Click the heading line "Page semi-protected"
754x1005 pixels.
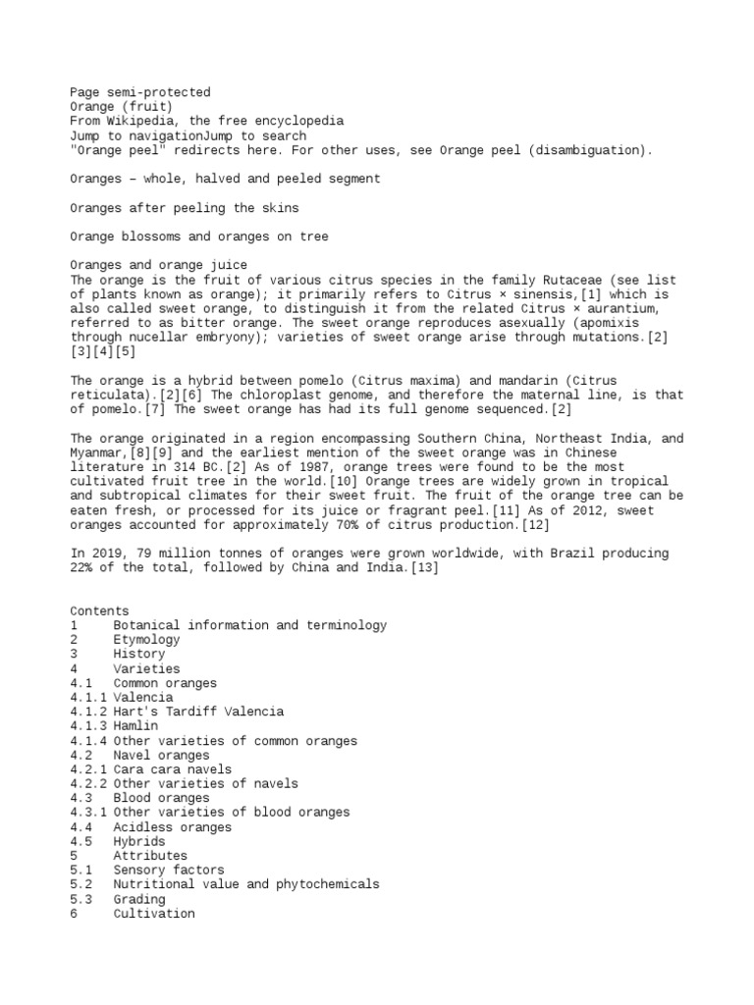point(140,92)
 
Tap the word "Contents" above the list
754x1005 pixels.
point(99,610)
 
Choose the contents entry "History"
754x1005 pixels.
point(138,654)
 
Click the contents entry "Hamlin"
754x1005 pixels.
point(135,726)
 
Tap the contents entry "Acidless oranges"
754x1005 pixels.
point(172,827)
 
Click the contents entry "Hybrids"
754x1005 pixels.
point(138,842)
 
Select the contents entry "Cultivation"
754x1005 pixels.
point(153,914)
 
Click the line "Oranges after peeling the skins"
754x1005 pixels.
point(185,208)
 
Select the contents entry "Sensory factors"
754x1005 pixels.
point(168,871)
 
